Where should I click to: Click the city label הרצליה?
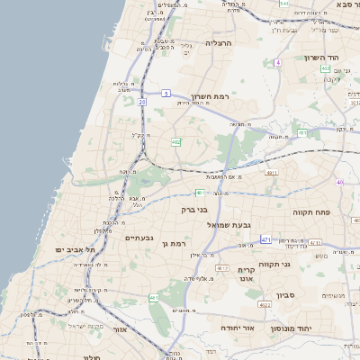tap(219, 42)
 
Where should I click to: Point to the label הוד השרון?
tap(322, 57)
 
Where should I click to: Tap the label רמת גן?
tap(171, 243)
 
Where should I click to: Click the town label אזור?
tap(120, 328)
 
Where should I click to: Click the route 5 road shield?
tap(166, 93)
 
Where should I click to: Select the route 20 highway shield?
tap(142, 102)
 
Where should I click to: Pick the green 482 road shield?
tap(175, 141)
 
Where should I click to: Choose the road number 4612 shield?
tap(222, 268)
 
